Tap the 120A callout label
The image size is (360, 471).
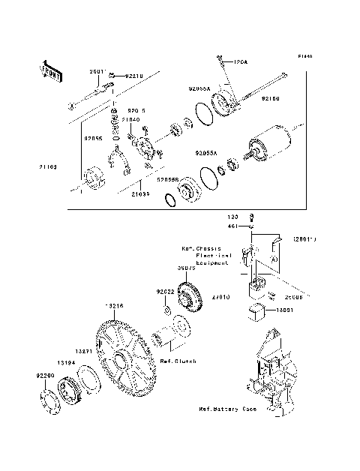pyautogui.click(x=239, y=61)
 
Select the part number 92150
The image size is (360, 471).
pyautogui.click(x=271, y=97)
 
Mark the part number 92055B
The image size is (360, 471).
pyautogui.click(x=168, y=179)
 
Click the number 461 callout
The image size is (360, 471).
pyautogui.click(x=233, y=224)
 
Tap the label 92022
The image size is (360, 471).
pyautogui.click(x=166, y=291)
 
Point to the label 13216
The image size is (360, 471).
pyautogui.click(x=114, y=306)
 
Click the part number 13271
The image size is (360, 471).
pyautogui.click(x=82, y=351)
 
